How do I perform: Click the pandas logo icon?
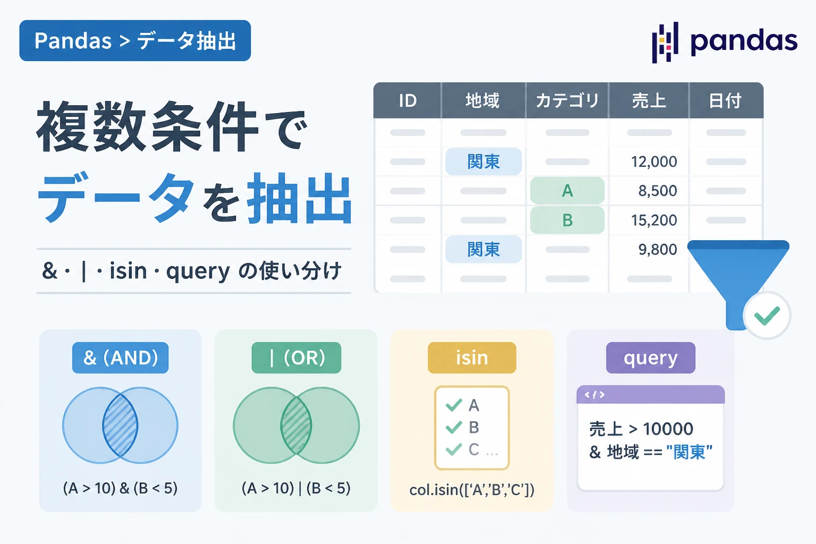pos(665,42)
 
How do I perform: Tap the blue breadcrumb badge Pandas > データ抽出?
pos(135,40)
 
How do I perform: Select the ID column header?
pos(407,100)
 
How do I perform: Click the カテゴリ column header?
pos(567,100)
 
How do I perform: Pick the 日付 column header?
pos(725,100)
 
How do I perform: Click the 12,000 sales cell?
pos(654,161)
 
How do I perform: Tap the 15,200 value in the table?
pos(654,220)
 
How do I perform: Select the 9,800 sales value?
pos(658,250)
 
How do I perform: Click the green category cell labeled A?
pos(567,191)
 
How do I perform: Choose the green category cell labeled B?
pos(567,220)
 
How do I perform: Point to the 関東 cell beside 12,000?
pos(483,161)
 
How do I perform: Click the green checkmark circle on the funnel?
pos(767,316)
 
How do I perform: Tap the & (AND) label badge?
pos(120,358)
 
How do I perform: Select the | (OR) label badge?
pos(296,358)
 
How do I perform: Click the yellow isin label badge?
pos(472,358)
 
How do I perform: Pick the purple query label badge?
pos(651,358)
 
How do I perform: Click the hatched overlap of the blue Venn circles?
pos(120,425)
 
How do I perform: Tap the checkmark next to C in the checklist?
pos(454,449)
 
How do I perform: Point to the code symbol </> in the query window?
pos(594,395)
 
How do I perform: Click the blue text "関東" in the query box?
pos(689,452)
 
